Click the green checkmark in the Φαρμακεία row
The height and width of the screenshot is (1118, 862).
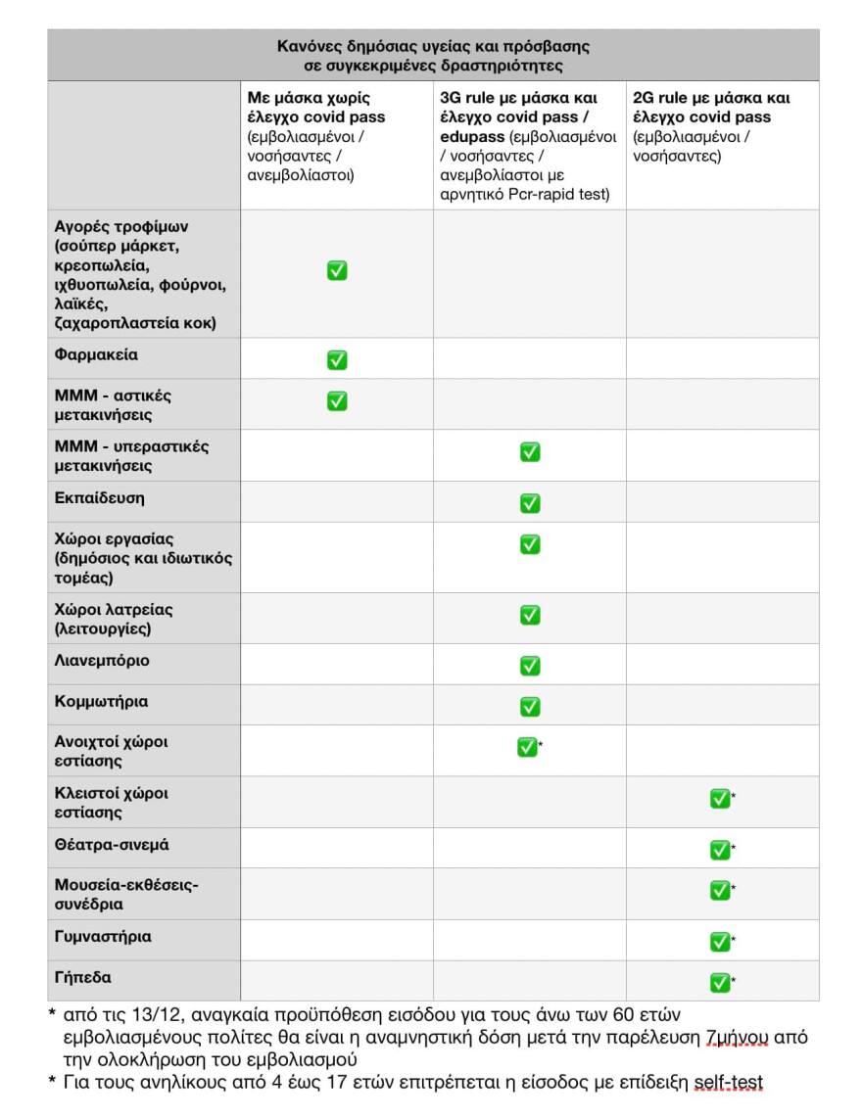click(x=337, y=360)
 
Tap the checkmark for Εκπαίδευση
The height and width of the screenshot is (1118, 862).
click(x=530, y=503)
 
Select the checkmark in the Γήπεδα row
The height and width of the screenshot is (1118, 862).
click(x=720, y=982)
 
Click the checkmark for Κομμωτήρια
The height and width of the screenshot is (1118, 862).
click(x=530, y=706)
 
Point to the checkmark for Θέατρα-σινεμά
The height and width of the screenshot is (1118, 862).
click(x=720, y=850)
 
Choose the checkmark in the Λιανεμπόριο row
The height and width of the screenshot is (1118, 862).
click(x=530, y=666)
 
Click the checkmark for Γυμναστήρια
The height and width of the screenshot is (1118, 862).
click(x=720, y=942)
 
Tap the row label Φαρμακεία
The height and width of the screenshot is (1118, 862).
click(x=96, y=355)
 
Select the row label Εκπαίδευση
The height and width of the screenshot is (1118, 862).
click(x=99, y=497)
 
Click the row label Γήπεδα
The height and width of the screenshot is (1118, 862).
click(x=82, y=977)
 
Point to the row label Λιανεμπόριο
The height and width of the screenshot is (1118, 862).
click(x=102, y=660)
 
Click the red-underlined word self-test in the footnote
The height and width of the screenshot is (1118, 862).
click(x=728, y=1082)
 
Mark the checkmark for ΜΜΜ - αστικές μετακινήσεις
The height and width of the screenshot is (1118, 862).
click(x=337, y=400)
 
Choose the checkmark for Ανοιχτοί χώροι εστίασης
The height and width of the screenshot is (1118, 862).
click(x=527, y=748)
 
